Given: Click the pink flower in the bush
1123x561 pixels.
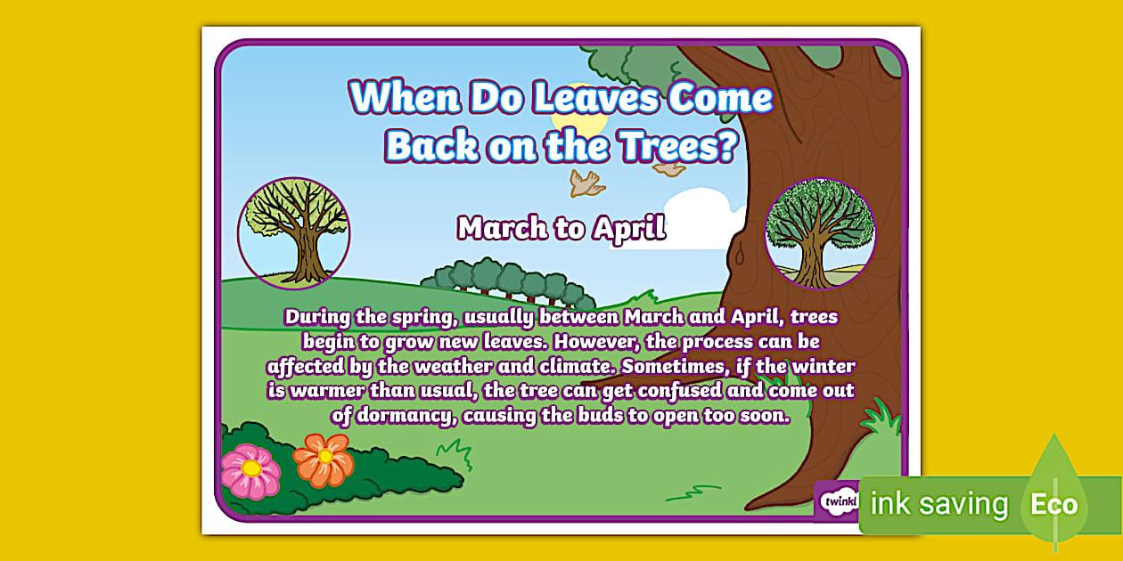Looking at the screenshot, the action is (250, 471).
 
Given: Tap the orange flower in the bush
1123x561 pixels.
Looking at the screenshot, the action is (324, 459).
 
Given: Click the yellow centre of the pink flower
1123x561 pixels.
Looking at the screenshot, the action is (251, 468).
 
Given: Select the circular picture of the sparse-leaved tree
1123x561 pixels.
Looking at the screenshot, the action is (294, 233).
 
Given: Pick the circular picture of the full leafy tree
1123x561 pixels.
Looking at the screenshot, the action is (820, 233).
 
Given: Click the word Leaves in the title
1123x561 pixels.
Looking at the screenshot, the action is (595, 98).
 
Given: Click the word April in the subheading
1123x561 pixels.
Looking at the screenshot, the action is (628, 229).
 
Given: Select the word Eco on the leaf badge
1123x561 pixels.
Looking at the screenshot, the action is (1053, 504).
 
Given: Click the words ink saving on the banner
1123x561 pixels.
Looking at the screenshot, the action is (939, 503).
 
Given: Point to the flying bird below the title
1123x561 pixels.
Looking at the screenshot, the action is (586, 183).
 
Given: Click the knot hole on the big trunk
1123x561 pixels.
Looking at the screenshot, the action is (740, 256).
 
